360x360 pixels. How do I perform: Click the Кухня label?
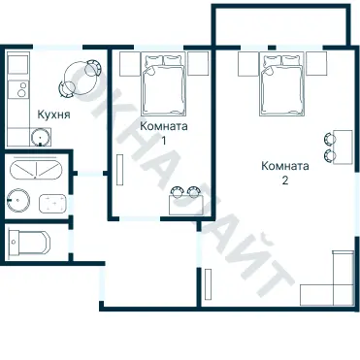(53, 115)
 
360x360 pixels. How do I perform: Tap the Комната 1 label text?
(164, 133)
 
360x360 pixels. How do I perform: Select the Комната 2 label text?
(285, 173)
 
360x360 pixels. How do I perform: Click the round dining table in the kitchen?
(80, 78)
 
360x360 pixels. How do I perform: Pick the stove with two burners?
(18, 89)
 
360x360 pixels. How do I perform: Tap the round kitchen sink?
(41, 137)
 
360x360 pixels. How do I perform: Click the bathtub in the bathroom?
(36, 169)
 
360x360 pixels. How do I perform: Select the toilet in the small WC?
(29, 242)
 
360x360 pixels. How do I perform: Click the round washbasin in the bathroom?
(18, 201)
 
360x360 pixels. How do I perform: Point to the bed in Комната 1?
(164, 85)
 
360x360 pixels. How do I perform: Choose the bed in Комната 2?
(281, 85)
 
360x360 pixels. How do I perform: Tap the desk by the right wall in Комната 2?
(343, 147)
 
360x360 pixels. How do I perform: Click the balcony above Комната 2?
(281, 25)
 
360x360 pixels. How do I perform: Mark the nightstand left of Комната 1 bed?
(130, 64)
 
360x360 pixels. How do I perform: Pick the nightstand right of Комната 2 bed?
(316, 64)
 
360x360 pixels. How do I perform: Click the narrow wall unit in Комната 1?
(120, 170)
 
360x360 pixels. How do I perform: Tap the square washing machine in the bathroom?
(53, 203)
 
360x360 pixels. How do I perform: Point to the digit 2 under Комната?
(285, 180)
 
